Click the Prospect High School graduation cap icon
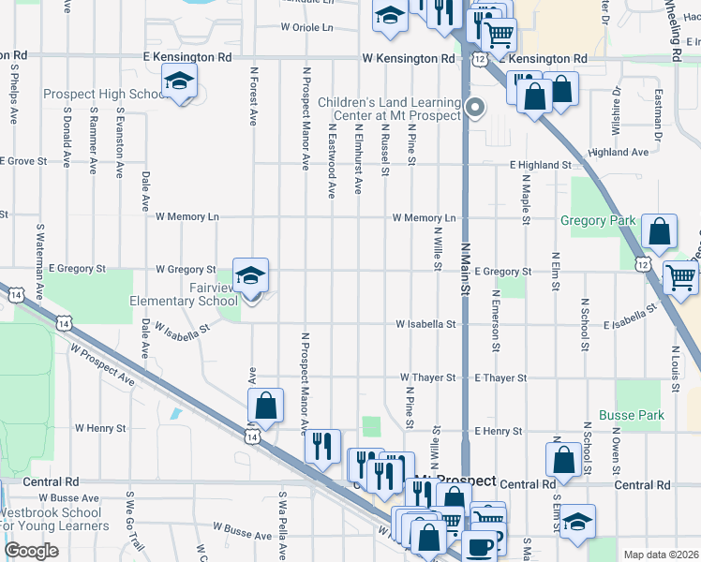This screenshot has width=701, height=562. [x=178, y=81]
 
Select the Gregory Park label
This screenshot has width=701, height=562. [x=598, y=221]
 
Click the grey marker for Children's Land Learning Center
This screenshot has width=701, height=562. [x=475, y=107]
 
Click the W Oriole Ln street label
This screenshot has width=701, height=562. [x=306, y=28]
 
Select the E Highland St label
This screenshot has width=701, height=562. [x=541, y=165]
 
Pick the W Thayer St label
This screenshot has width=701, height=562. [x=427, y=377]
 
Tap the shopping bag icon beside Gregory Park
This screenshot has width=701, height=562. [x=659, y=233]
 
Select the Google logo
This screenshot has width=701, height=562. [x=30, y=551]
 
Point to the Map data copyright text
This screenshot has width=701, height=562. [x=661, y=555]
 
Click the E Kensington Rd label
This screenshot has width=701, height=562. [x=187, y=58]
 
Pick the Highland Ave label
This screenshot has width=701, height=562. [x=619, y=152]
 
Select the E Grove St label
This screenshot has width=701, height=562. [x=23, y=161]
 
